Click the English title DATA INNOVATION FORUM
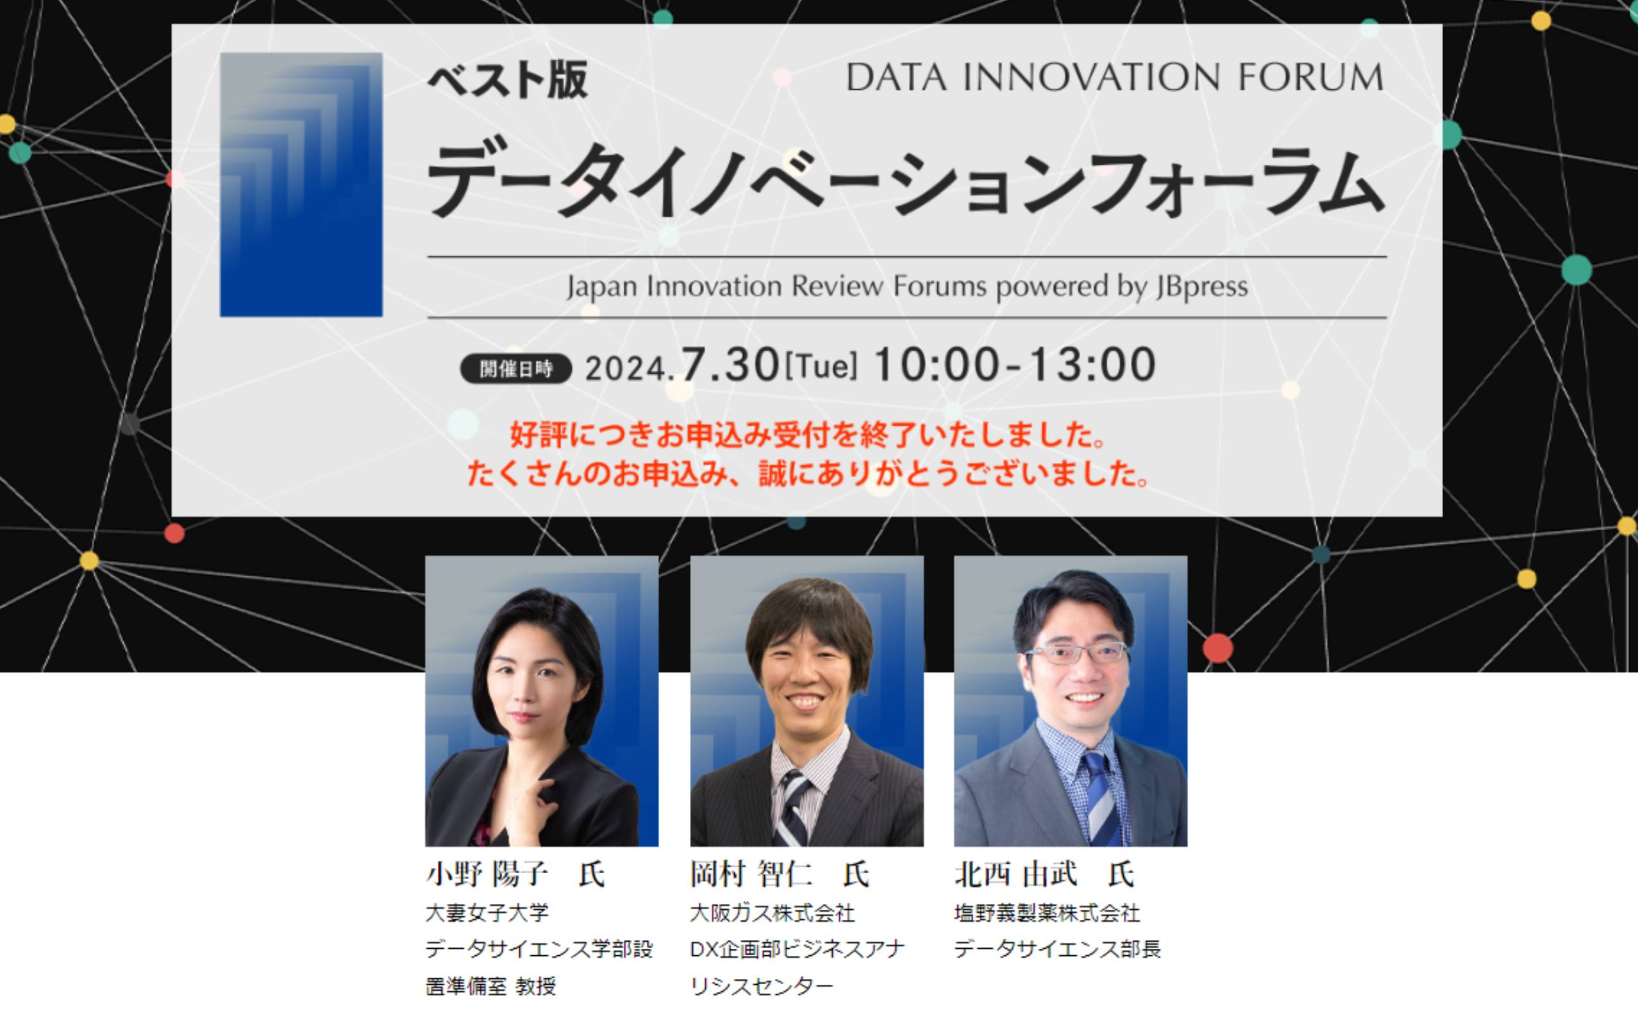click(1114, 77)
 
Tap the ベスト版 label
click(507, 80)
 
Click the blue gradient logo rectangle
click(301, 184)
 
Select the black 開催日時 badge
click(516, 369)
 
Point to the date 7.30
click(730, 365)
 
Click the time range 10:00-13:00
click(1015, 365)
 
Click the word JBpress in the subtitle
click(1201, 287)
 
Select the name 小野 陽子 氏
click(515, 874)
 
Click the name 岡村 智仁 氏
click(780, 874)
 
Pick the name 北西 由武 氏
click(1044, 874)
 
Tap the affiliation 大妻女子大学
click(487, 913)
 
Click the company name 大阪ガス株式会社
click(773, 913)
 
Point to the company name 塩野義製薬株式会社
click(1047, 913)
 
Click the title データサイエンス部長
click(1057, 949)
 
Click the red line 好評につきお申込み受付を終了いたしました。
click(808, 435)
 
